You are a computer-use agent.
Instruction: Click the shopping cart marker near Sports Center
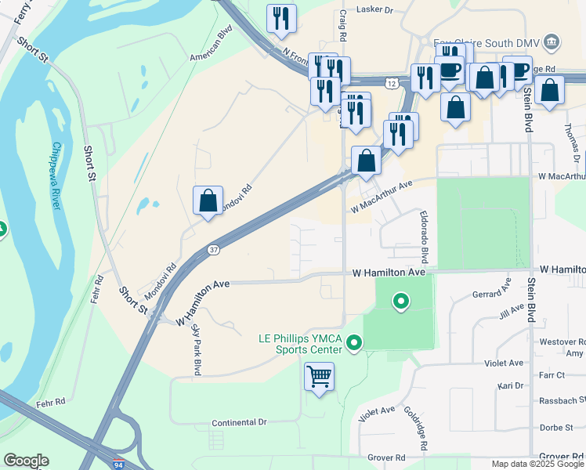(319, 377)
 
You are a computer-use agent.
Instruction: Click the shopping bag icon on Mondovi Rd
(208, 201)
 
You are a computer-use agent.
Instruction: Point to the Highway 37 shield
(214, 250)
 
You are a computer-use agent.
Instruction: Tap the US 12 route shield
(390, 81)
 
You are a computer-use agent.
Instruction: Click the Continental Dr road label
(239, 422)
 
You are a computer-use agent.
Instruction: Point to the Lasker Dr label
(374, 10)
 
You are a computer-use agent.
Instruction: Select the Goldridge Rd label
(415, 427)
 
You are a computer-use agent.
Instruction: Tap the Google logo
(25, 461)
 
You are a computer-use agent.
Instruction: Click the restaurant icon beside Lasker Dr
(280, 18)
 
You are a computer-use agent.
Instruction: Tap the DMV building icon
(552, 40)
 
